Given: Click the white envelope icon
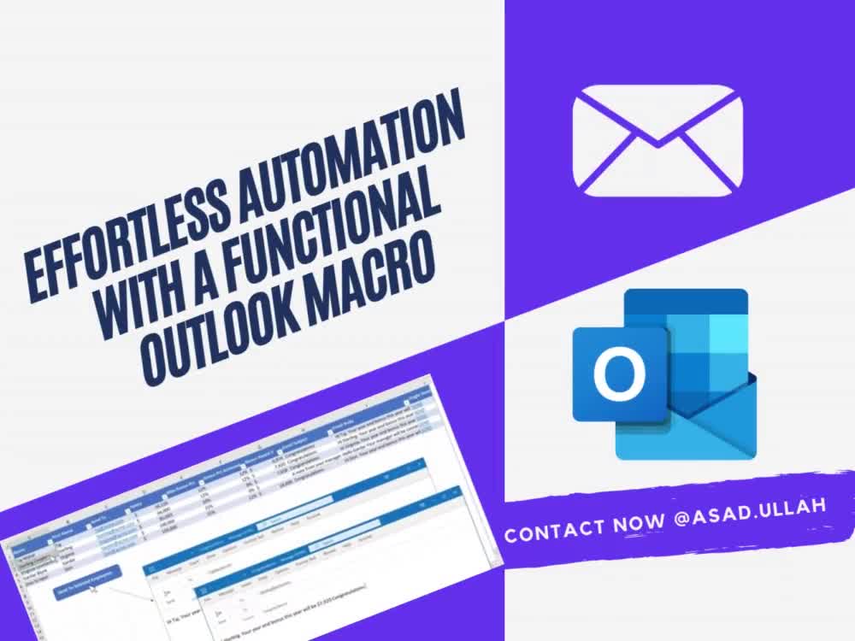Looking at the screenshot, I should [x=657, y=141].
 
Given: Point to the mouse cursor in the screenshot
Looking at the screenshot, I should [x=95, y=591].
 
